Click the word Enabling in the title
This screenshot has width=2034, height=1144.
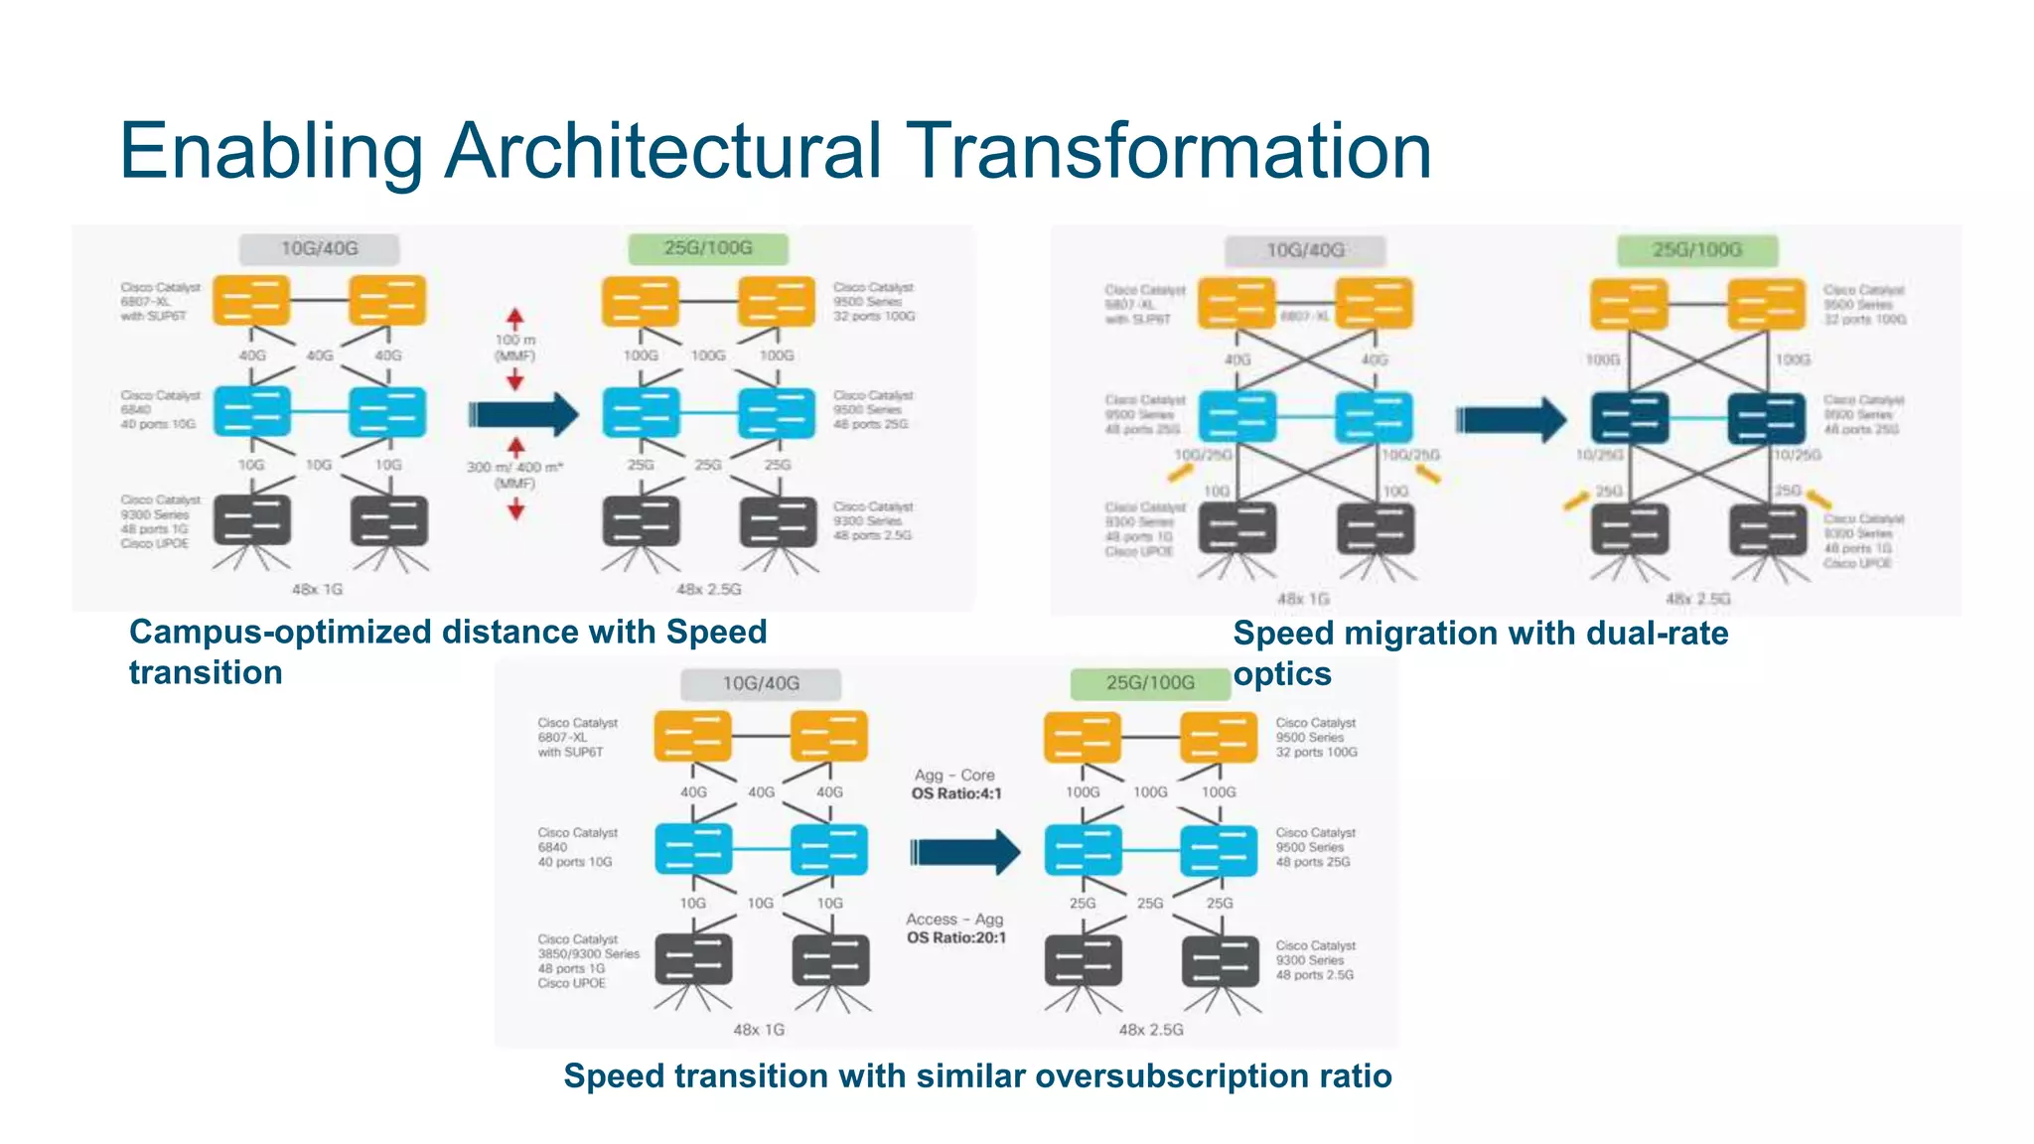click(x=270, y=151)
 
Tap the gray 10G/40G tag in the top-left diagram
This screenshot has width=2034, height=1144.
click(x=319, y=248)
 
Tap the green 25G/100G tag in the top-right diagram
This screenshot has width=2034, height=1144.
click(x=1696, y=250)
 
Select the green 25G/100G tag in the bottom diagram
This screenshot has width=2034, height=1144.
click(x=1150, y=683)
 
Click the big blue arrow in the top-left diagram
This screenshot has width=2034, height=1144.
click(x=523, y=414)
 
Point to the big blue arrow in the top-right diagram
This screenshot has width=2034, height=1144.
click(x=1511, y=420)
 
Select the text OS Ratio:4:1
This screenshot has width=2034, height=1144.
click(x=956, y=793)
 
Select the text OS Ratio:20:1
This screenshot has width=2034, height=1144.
click(x=955, y=937)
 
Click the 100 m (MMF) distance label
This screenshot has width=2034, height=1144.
click(x=514, y=348)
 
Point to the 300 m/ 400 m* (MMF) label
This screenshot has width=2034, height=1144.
click(x=514, y=475)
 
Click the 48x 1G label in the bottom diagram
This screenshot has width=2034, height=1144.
click(x=759, y=1030)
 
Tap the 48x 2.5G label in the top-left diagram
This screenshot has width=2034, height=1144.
click(x=708, y=589)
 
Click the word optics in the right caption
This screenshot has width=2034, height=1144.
click(x=1281, y=674)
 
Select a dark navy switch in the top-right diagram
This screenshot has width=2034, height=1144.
click(x=1629, y=418)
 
